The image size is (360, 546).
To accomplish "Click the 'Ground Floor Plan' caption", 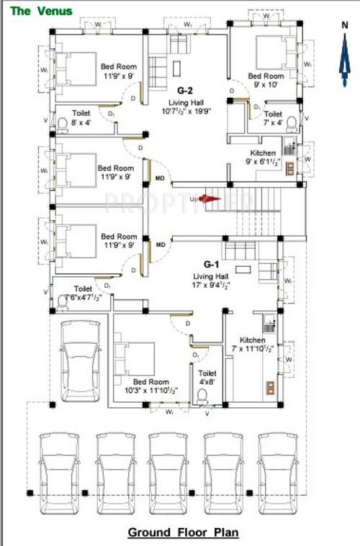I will click(x=183, y=532).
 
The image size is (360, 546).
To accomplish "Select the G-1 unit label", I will click(x=211, y=263).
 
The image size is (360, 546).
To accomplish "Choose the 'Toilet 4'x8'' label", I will click(x=207, y=378).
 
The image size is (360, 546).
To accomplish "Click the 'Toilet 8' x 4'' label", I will click(x=81, y=117).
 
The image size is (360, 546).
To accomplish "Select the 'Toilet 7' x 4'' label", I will click(x=273, y=118).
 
